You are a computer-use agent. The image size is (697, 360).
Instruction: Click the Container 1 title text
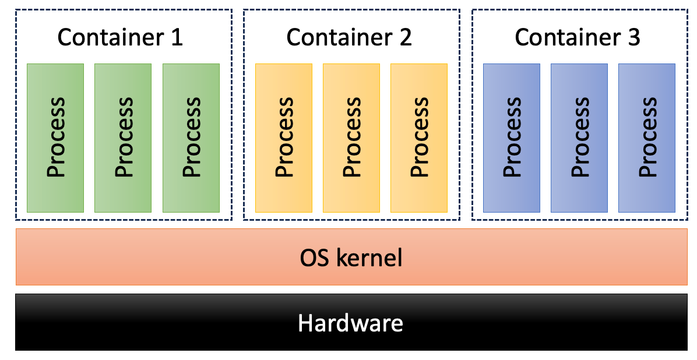pos(120,38)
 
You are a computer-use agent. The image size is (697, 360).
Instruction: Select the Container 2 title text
pos(348,38)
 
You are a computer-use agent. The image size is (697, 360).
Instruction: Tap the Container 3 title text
pos(577,38)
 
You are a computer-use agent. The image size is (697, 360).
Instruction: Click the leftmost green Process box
pos(55,137)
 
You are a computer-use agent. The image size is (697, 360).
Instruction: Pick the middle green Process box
pos(123,137)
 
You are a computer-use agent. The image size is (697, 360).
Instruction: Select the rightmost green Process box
pos(191,137)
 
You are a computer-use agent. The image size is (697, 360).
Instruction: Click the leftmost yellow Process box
pos(284,137)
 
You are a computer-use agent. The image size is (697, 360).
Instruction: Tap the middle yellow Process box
pos(351,137)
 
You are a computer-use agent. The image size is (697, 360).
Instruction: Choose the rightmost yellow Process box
pos(419,137)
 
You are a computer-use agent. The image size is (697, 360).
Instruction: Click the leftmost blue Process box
pos(512,137)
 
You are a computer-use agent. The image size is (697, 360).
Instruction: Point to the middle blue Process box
pos(579,137)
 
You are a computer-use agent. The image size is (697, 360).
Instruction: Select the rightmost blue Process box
pos(647,137)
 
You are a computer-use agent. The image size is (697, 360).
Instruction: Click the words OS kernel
pos(351,257)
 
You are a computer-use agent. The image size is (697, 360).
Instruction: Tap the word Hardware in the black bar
pos(350,322)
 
